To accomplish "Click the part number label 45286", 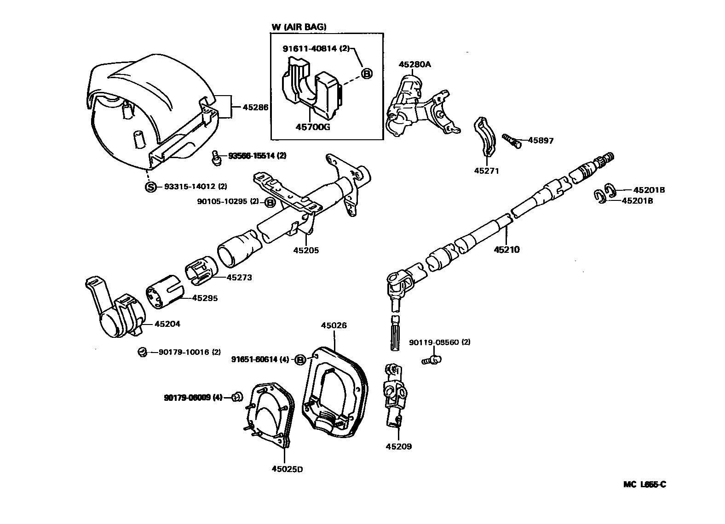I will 255,107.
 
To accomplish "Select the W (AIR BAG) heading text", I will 299,27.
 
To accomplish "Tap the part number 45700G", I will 312,127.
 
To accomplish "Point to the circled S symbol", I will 150,187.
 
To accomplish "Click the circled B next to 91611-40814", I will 366,73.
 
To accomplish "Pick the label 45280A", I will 414,64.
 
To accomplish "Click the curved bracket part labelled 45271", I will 485,137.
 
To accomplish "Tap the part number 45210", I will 506,250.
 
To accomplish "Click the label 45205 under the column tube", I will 306,251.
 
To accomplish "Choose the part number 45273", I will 239,278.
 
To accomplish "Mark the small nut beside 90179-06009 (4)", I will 237,396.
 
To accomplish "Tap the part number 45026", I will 334,325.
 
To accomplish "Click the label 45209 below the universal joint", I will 399,446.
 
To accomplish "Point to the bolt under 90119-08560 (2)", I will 432,360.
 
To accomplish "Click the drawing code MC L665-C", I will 644,484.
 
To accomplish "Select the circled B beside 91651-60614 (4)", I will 300,360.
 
